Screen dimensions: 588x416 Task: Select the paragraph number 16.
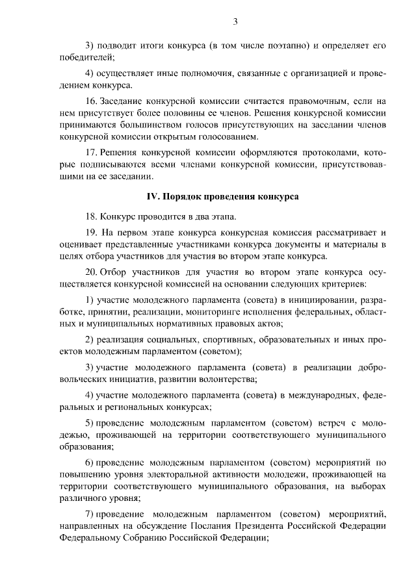point(91,101)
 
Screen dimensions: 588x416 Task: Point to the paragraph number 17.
point(91,151)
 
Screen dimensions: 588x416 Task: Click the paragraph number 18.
point(91,215)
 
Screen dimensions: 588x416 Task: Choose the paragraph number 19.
point(91,232)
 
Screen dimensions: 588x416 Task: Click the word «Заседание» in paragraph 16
point(124,101)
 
